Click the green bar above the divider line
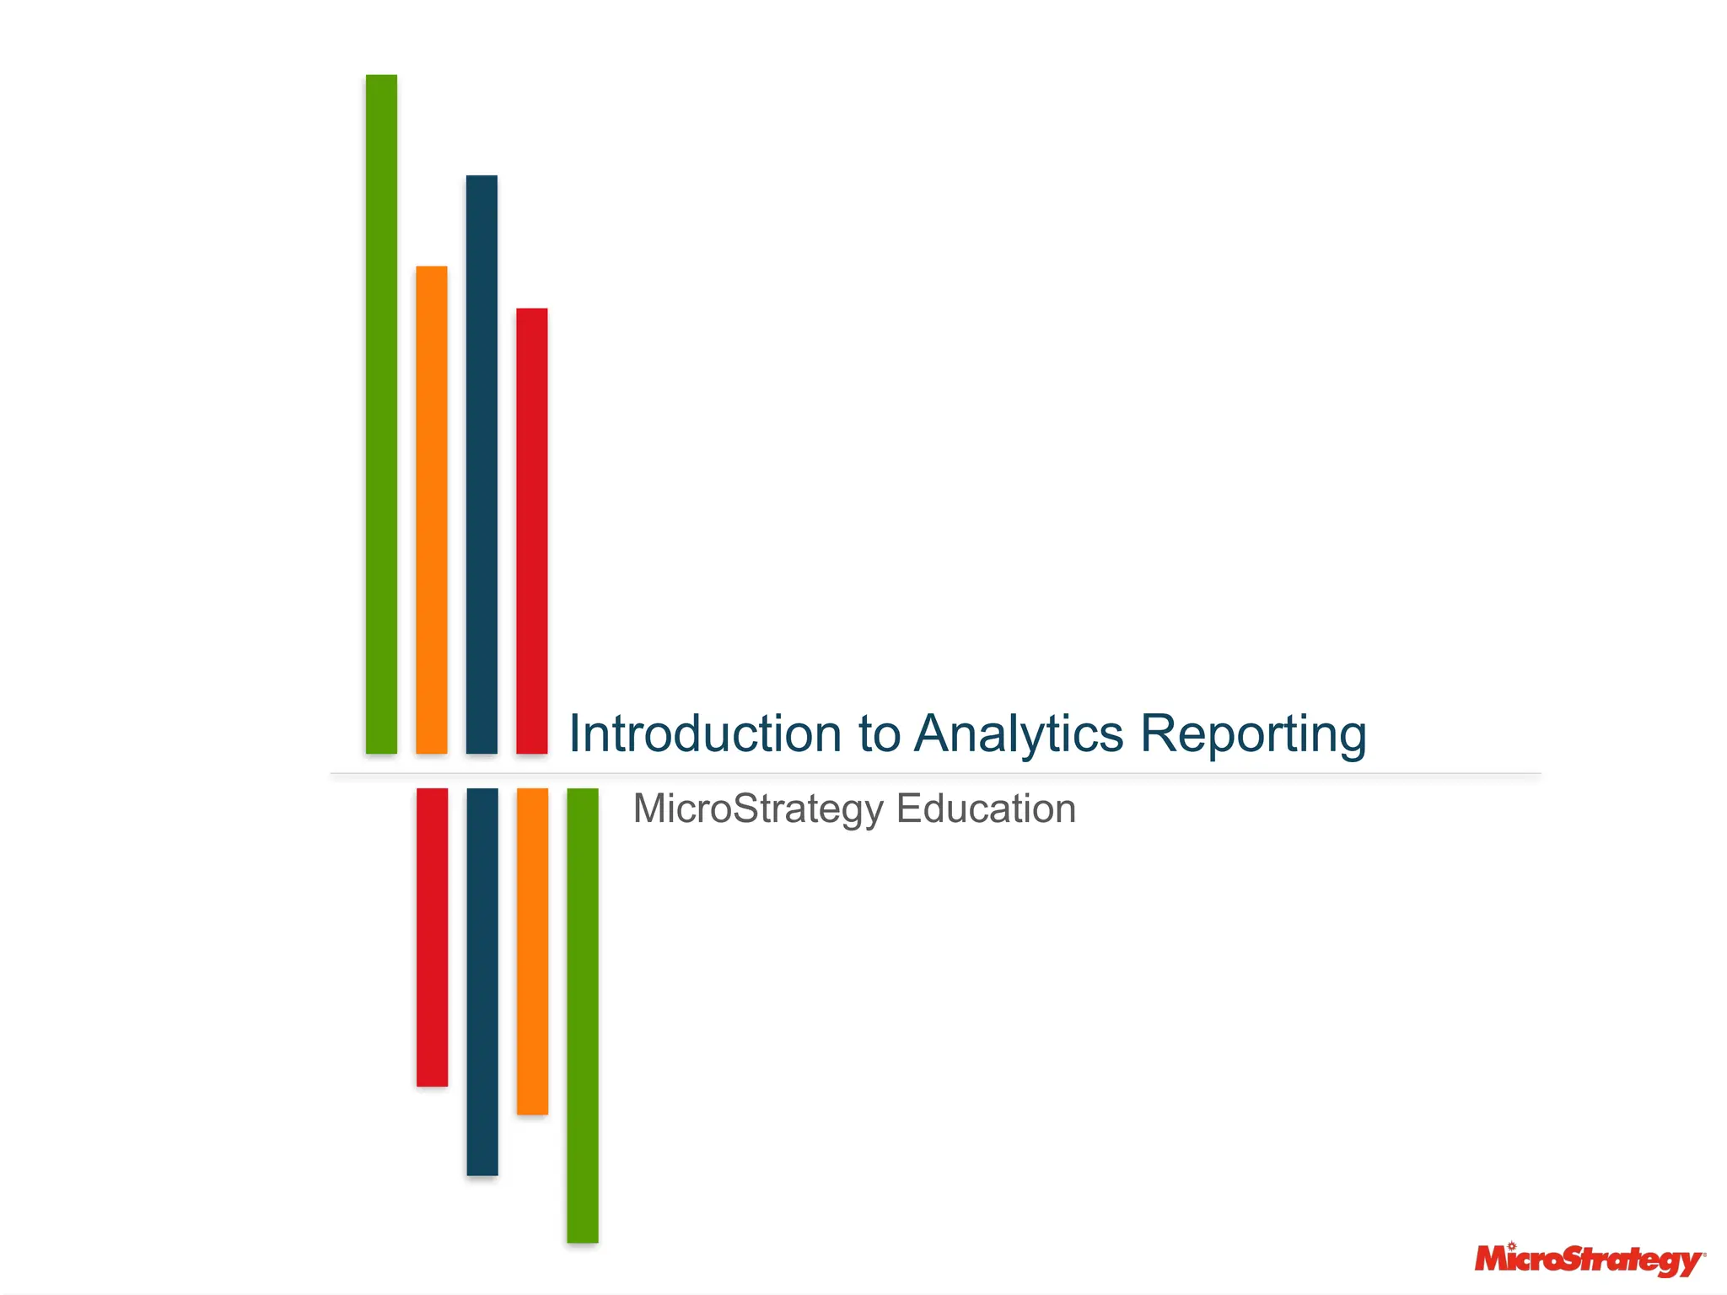pyautogui.click(x=381, y=413)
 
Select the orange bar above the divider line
pyautogui.click(x=431, y=509)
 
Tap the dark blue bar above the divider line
pyautogui.click(x=482, y=464)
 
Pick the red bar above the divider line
pyautogui.click(x=531, y=530)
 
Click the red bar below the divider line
pyautogui.click(x=432, y=937)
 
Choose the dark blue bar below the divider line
pyautogui.click(x=482, y=981)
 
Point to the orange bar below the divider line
pyautogui.click(x=532, y=951)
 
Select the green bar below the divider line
pyautogui.click(x=583, y=1015)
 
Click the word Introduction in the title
pyautogui.click(x=705, y=733)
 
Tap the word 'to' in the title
pyautogui.click(x=879, y=733)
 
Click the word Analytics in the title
pyautogui.click(x=1019, y=733)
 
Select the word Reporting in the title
pyautogui.click(x=1253, y=733)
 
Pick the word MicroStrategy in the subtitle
pyautogui.click(x=758, y=809)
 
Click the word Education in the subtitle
pyautogui.click(x=986, y=809)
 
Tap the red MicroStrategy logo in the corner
pyautogui.click(x=1589, y=1261)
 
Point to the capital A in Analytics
pyautogui.click(x=936, y=733)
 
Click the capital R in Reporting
pyautogui.click(x=1161, y=733)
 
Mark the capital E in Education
pyautogui.click(x=907, y=809)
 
